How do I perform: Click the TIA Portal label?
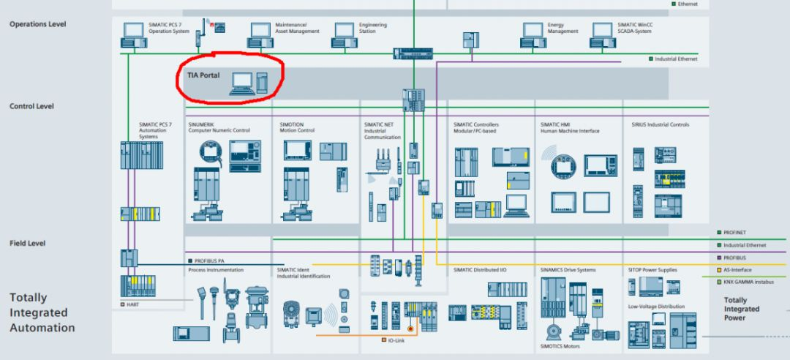[x=203, y=75]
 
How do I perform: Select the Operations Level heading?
[x=38, y=24]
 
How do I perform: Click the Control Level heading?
[x=31, y=106]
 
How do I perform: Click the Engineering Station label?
[x=372, y=28]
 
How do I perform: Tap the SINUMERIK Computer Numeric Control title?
[x=219, y=127]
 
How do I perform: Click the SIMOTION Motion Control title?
[x=297, y=127]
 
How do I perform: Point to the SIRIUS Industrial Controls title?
[x=660, y=124]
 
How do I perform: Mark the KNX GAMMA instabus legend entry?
[x=748, y=282]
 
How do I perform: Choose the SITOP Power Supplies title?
[x=652, y=270]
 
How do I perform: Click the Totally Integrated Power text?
[x=741, y=309]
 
